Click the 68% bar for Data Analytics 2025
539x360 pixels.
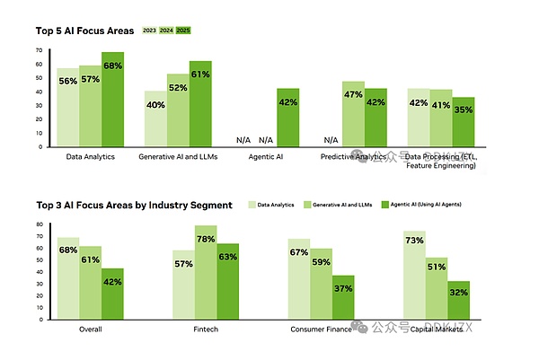112,99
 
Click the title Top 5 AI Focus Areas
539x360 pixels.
84,31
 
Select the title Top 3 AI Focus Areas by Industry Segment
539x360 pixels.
134,205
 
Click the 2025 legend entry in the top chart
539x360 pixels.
183,31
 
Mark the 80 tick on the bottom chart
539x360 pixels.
39,224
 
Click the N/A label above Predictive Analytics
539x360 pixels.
331,140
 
